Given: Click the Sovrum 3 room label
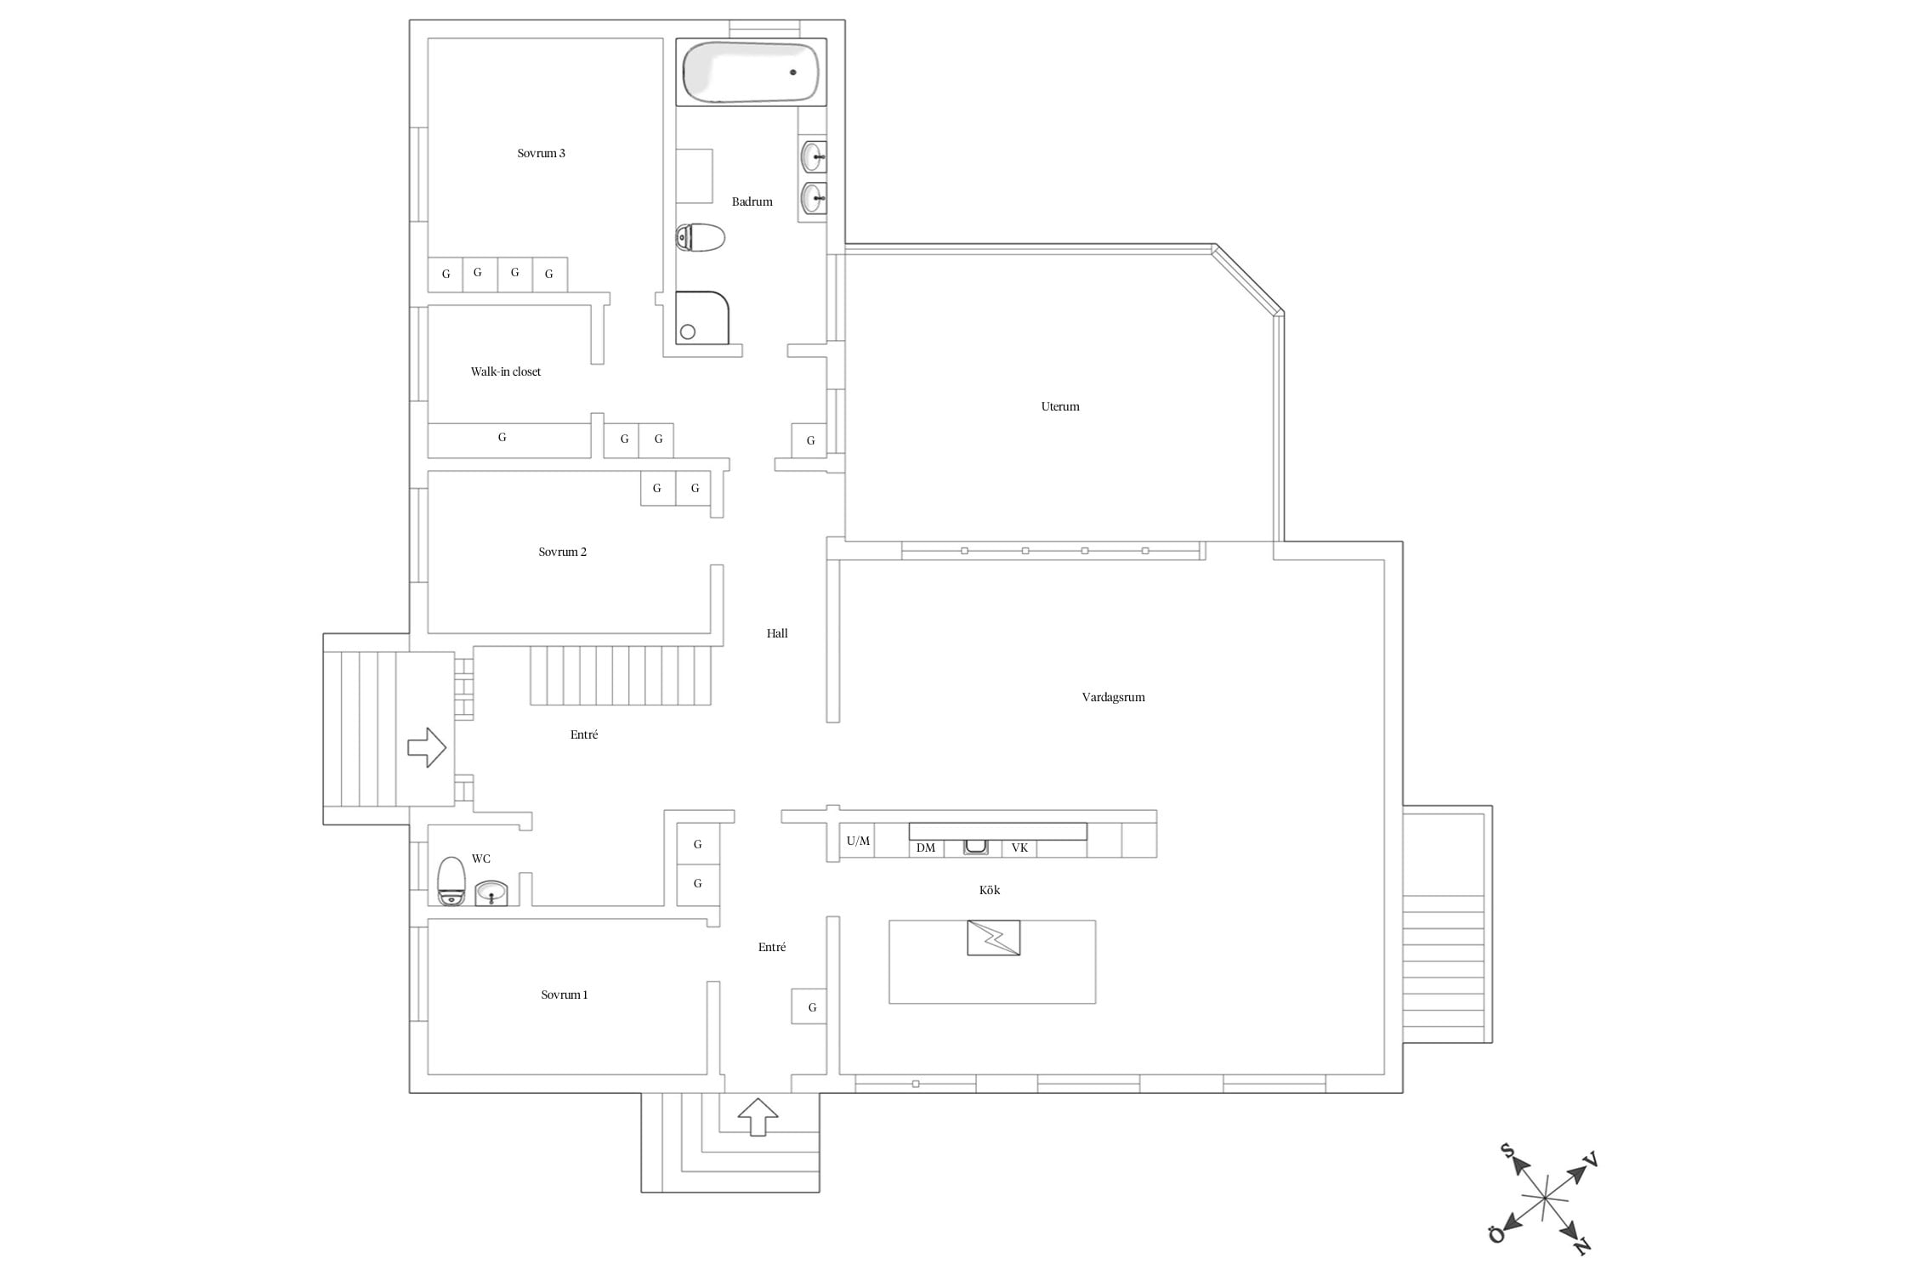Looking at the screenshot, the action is (x=541, y=154).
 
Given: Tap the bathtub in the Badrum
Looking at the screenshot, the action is (x=751, y=72).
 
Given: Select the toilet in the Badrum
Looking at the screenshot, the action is (x=700, y=238).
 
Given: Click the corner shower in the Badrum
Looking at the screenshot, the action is (x=702, y=318).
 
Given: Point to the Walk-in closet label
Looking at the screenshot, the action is (x=506, y=371).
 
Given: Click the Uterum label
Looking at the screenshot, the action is (x=1060, y=406).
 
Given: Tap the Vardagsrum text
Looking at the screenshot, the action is (x=1113, y=697).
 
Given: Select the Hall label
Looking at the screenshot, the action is (x=777, y=633).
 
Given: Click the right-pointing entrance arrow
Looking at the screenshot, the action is (x=427, y=748).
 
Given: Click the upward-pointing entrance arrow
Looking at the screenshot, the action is (x=758, y=1117).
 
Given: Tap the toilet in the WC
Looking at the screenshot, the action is (x=451, y=881).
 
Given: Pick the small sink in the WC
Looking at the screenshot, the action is (x=491, y=892).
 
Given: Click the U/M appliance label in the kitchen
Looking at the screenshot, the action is (x=858, y=841).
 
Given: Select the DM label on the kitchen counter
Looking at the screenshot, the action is (x=926, y=847).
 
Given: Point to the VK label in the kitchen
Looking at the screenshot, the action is (x=1019, y=847).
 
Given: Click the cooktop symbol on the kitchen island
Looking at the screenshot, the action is (x=993, y=938).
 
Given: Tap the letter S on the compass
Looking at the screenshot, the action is (x=1507, y=1151).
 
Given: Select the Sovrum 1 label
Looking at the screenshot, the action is (x=565, y=994).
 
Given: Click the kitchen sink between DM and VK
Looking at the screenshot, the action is (x=976, y=847).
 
